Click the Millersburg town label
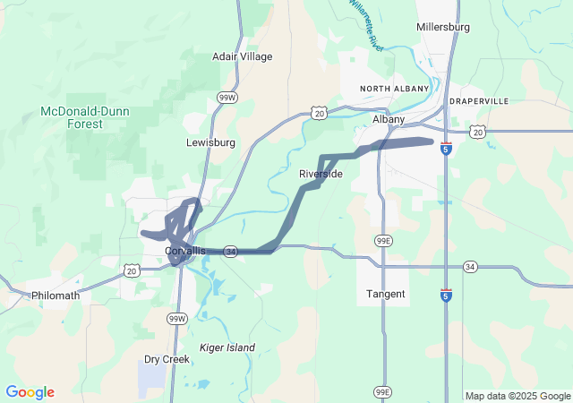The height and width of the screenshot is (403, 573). [x=442, y=27]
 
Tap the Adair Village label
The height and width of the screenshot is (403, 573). [x=242, y=56]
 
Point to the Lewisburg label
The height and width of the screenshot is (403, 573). [x=210, y=142]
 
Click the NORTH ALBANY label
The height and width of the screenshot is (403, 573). [x=390, y=89]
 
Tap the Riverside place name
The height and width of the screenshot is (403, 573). [x=321, y=174]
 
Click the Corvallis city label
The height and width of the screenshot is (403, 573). [x=186, y=251]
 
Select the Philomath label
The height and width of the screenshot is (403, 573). [x=56, y=295]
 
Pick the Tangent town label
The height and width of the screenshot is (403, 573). [x=386, y=294]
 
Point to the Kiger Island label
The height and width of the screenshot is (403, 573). [x=227, y=347]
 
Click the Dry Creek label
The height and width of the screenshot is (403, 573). [x=167, y=359]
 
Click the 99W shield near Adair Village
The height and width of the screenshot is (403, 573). [x=227, y=97]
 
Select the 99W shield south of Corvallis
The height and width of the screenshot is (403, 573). [x=177, y=318]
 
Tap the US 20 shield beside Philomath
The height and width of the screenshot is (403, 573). [x=133, y=270]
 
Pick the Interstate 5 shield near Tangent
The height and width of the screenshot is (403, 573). [x=446, y=295]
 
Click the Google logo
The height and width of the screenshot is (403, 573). [x=30, y=392]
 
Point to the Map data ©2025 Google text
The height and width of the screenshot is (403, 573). [x=517, y=396]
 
